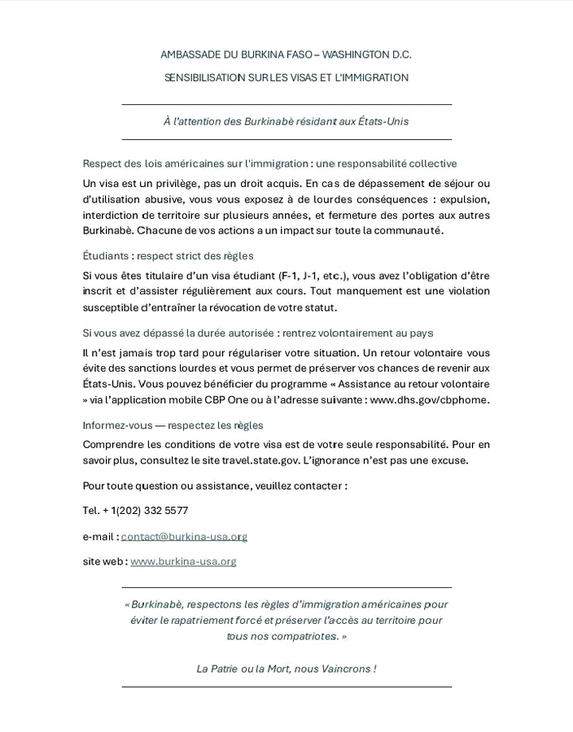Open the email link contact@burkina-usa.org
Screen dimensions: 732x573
(x=184, y=537)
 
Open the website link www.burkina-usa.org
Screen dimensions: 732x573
(x=183, y=561)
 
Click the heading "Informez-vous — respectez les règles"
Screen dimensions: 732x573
(x=173, y=425)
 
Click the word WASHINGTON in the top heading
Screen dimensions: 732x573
(x=356, y=54)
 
